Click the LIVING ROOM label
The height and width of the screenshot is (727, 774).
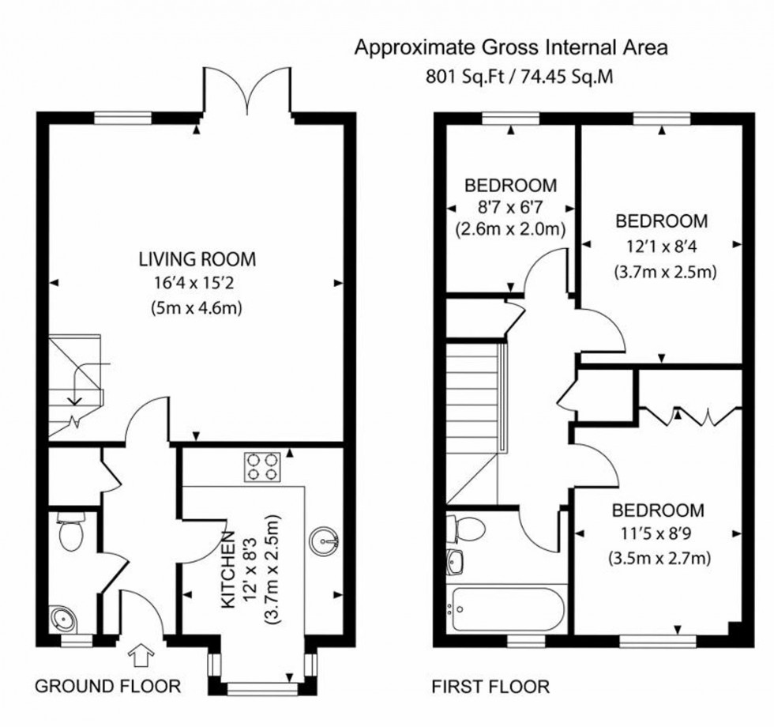197,258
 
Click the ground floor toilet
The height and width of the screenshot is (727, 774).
70,533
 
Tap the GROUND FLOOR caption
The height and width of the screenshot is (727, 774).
108,686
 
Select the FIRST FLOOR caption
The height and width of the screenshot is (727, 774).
490,686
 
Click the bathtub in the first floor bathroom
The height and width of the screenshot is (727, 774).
505,609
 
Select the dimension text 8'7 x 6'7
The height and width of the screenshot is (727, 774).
510,209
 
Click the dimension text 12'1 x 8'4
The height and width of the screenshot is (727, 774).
662,246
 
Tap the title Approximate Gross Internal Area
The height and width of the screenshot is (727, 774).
510,48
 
